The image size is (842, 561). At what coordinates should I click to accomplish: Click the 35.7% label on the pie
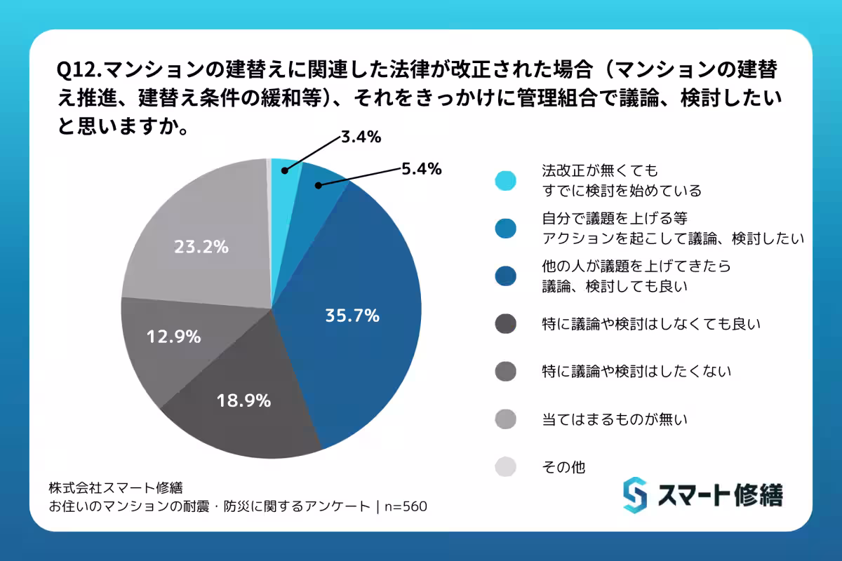[352, 316]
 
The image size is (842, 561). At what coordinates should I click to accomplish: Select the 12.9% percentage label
[173, 337]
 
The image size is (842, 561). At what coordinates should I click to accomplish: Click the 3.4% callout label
[361, 137]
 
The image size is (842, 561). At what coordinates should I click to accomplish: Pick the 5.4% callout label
[421, 168]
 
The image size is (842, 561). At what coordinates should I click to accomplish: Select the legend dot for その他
[505, 466]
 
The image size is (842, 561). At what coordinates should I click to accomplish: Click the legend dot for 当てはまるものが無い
[505, 419]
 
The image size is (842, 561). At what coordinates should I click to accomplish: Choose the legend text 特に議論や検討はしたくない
[637, 371]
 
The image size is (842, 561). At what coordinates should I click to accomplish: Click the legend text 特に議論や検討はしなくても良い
[652, 324]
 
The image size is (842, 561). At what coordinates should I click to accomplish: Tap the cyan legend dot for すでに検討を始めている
[505, 180]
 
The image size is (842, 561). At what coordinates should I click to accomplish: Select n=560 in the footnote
[406, 506]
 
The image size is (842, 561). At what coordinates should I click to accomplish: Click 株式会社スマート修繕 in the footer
[116, 487]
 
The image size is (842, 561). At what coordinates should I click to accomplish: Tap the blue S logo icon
[635, 495]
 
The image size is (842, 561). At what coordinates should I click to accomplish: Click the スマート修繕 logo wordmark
[720, 495]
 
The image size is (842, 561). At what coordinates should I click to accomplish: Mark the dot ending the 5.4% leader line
[318, 186]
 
